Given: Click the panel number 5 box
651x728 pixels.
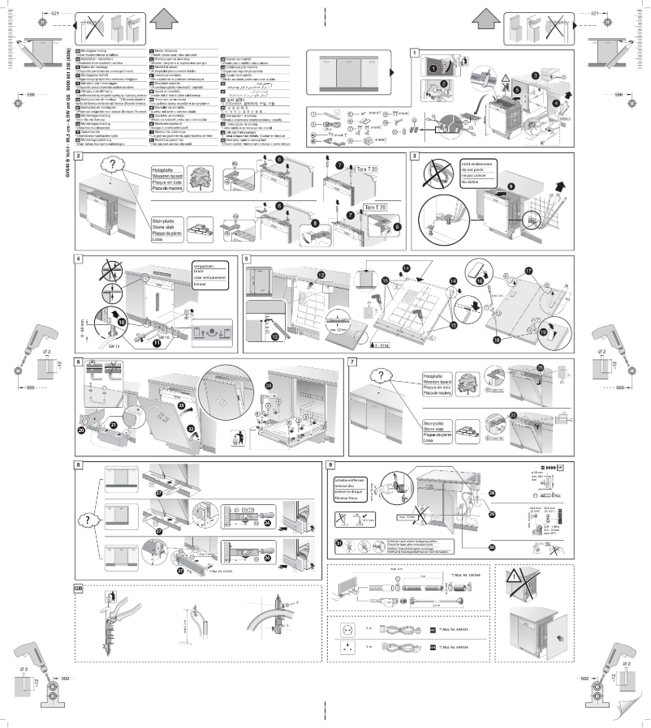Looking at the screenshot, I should tap(246, 259).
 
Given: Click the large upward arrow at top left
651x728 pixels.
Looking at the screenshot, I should tap(163, 16).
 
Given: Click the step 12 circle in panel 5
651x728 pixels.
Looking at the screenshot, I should tap(321, 276).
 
